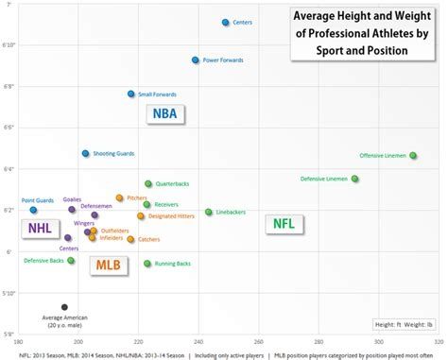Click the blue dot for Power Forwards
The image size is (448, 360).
pyautogui.click(x=196, y=60)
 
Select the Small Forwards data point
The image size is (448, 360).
pyautogui.click(x=131, y=94)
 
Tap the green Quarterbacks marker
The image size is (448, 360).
pyautogui.click(x=148, y=183)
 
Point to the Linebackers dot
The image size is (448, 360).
pyautogui.click(x=209, y=212)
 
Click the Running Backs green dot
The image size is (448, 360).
pyautogui.click(x=147, y=263)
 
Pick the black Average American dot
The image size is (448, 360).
pyautogui.click(x=64, y=306)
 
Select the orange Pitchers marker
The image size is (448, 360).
pyautogui.click(x=120, y=197)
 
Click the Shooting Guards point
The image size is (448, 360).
pyautogui.click(x=85, y=153)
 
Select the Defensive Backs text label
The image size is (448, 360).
pyautogui.click(x=43, y=260)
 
